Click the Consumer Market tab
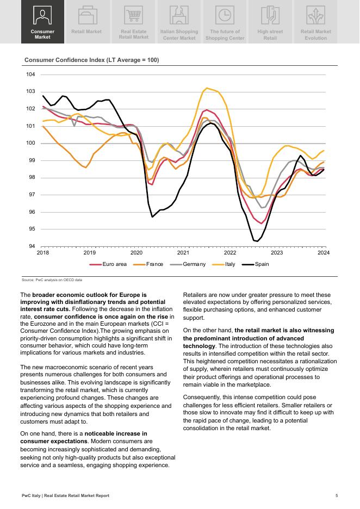[42, 22]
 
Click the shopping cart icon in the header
[133, 15]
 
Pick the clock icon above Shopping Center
[224, 15]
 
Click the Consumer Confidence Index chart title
[91, 60]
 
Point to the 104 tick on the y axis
[31, 75]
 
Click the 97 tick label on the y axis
[31, 195]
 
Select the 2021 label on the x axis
[183, 253]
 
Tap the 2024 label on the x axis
[324, 253]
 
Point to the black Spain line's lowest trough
[255, 240]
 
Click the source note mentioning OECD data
[52, 280]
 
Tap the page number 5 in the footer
[337, 495]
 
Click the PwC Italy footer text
[65, 495]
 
